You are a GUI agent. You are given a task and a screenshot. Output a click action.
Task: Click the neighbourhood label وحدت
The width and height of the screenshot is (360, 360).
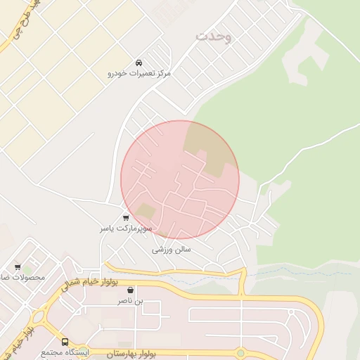pyautogui.click(x=214, y=35)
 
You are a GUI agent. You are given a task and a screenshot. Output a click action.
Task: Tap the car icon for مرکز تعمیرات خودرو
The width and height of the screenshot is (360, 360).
pyautogui.click(x=139, y=63)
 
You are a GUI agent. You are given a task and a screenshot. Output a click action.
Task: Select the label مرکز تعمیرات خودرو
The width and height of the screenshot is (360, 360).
pyautogui.click(x=139, y=73)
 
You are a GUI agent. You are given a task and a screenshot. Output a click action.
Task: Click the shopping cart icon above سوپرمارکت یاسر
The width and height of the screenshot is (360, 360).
pyautogui.click(x=126, y=218)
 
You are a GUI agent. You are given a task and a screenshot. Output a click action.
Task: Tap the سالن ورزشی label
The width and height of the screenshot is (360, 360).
pyautogui.click(x=172, y=249)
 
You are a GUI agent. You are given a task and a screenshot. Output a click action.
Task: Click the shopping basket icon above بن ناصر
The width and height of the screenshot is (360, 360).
pyautogui.click(x=130, y=290)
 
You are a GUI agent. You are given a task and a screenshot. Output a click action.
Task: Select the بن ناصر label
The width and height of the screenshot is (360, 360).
pyautogui.click(x=130, y=301)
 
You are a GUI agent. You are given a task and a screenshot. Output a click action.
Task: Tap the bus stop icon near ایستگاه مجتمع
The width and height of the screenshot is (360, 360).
pyautogui.click(x=65, y=342)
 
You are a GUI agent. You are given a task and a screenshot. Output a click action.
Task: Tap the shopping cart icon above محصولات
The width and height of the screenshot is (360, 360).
pyautogui.click(x=18, y=267)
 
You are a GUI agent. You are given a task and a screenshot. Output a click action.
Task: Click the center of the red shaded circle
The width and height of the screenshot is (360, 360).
pyautogui.click(x=180, y=180)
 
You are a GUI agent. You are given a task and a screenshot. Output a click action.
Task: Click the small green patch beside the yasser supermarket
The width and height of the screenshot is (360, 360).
pyautogui.click(x=146, y=211)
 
